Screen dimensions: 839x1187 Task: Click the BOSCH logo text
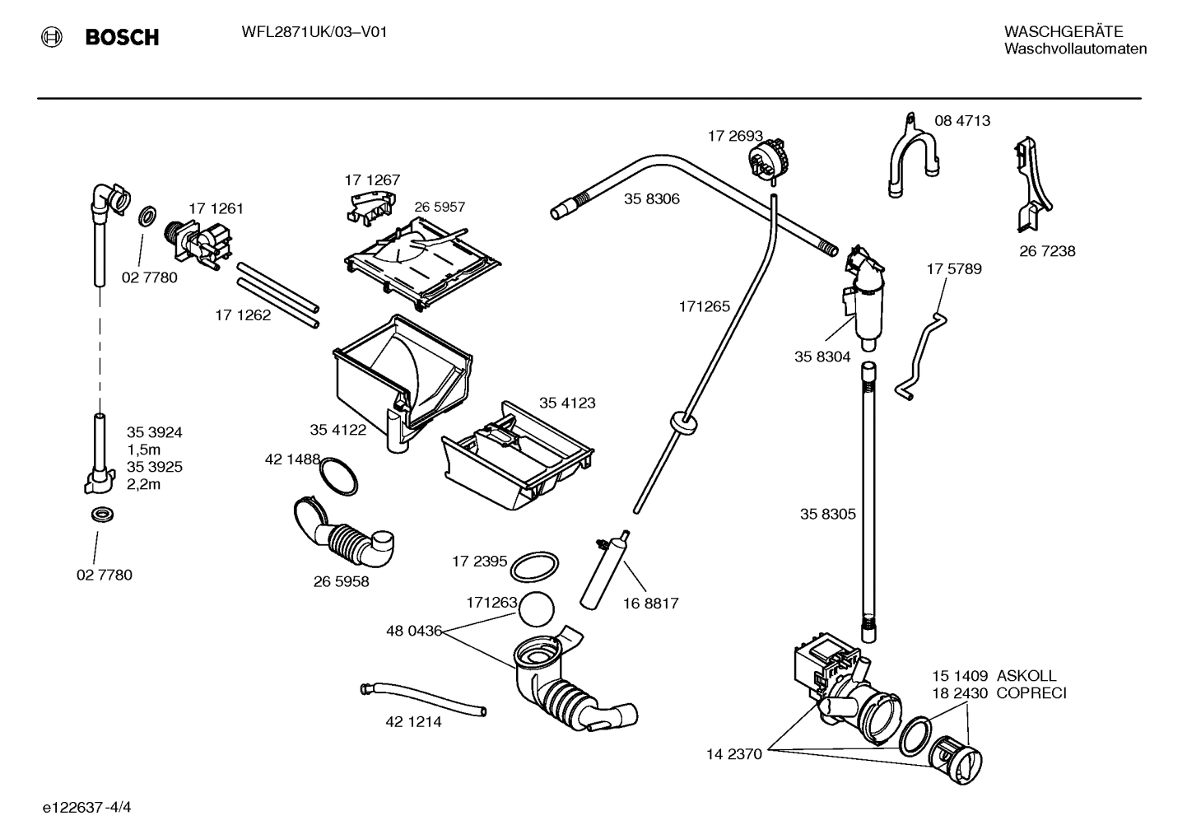(121, 37)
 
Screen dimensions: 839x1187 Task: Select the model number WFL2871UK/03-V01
(314, 33)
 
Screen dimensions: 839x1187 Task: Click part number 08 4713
(961, 121)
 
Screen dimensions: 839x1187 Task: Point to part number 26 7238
(1047, 251)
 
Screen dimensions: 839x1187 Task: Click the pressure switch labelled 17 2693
(767, 156)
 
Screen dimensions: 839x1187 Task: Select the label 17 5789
(953, 269)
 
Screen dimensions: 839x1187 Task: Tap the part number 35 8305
(827, 515)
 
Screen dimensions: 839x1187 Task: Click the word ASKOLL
(1026, 676)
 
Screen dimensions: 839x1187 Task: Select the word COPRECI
(1031, 693)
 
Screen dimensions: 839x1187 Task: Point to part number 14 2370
(734, 753)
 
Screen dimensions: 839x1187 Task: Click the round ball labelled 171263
(537, 610)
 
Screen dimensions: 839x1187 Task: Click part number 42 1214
(413, 722)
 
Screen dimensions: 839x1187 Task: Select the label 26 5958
(341, 582)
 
